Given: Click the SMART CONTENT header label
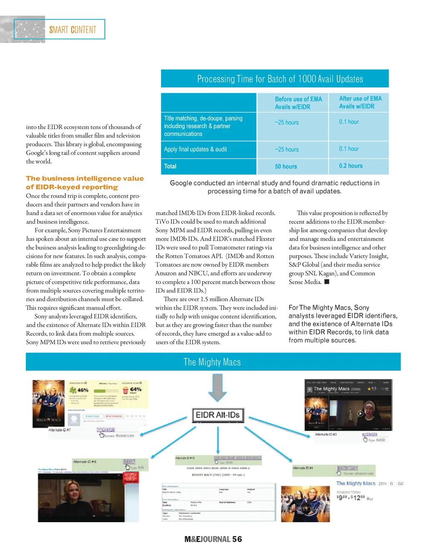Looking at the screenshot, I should (73, 30).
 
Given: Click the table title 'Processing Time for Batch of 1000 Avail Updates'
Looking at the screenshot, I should (280, 79).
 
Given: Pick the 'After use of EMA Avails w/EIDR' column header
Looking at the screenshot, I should (360, 102).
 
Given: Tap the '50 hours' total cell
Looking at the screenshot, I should (286, 166).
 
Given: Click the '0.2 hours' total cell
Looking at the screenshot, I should (351, 166).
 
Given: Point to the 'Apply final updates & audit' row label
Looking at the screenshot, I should (195, 149).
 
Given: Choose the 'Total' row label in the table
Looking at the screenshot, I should (170, 166).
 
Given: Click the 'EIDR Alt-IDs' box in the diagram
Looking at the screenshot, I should (218, 415).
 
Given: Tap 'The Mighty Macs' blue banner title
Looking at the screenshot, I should (212, 362).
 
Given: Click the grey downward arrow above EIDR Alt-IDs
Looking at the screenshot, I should (217, 387).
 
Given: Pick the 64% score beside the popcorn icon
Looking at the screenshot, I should (135, 389).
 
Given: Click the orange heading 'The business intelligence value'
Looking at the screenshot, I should (85, 178).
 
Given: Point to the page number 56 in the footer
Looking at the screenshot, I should (237, 539).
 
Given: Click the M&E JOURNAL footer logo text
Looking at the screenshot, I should (207, 539).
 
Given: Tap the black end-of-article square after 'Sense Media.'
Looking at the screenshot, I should (327, 282).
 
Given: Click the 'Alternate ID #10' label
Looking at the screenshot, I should (185, 458).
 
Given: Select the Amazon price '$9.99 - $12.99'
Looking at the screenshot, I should (351, 498).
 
